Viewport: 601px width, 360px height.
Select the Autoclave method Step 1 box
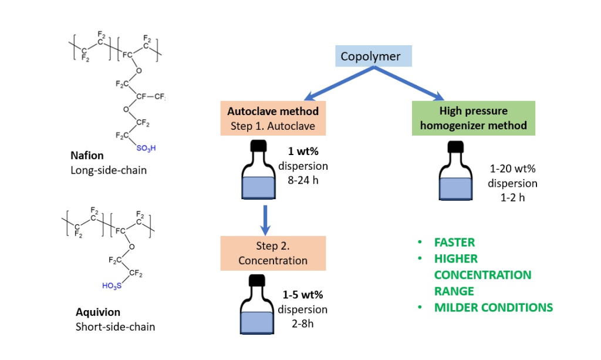[272, 118]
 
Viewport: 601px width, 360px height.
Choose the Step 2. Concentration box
[272, 253]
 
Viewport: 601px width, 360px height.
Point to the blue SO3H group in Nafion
[146, 149]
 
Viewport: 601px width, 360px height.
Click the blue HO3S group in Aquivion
[112, 286]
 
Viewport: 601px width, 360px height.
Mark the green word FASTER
[454, 242]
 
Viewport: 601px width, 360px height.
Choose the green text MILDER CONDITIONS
[493, 307]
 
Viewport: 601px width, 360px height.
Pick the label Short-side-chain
[116, 326]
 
